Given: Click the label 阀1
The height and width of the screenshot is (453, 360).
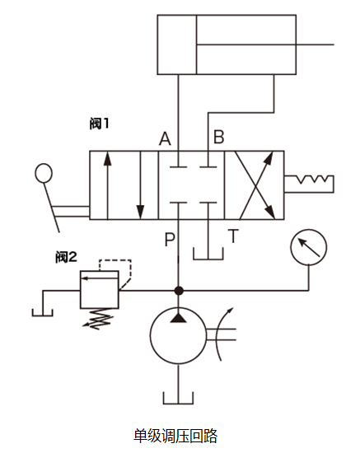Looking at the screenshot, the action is (x=99, y=124).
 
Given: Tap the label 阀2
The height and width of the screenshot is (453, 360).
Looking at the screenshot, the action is (x=66, y=256).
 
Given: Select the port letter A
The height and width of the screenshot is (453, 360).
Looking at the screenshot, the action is (x=165, y=138).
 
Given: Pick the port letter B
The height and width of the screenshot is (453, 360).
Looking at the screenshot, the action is (x=218, y=137).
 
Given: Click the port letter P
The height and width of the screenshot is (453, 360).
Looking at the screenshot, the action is (x=170, y=240).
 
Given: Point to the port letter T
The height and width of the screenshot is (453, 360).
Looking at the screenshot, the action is (x=233, y=236).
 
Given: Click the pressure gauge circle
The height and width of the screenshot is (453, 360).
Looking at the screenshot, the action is (x=309, y=247).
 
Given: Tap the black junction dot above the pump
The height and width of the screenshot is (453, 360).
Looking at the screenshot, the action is (x=179, y=291).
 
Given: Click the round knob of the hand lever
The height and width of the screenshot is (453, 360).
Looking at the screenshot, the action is (x=44, y=173).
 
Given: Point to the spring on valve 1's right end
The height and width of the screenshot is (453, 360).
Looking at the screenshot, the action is (x=309, y=184).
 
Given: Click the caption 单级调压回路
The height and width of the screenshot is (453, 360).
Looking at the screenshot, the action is (x=175, y=436).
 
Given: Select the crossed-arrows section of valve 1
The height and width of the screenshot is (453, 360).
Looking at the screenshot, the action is (x=255, y=185).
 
